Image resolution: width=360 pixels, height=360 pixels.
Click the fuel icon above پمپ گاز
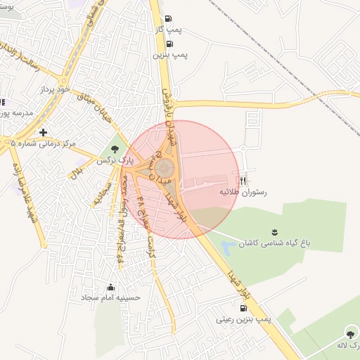tap(168, 19)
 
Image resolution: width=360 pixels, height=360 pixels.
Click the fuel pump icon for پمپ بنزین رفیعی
tap(243, 308)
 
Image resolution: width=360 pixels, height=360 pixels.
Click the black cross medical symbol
tap(44, 132)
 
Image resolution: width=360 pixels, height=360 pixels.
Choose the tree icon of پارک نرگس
tap(115, 148)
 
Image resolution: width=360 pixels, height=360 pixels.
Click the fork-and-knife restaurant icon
tap(243, 179)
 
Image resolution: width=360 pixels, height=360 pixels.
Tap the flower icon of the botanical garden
tap(274, 231)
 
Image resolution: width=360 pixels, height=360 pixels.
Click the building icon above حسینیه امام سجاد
tap(110, 287)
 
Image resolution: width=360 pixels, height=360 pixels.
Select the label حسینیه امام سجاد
tap(112, 298)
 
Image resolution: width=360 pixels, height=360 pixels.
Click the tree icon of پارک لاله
tap(351, 333)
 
